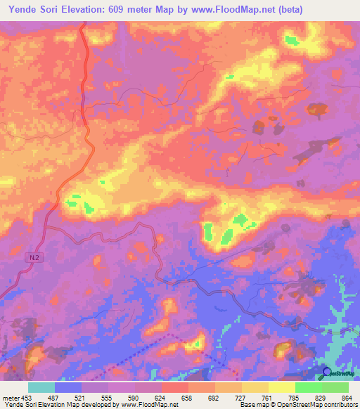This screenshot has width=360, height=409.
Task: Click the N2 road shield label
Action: tap(34, 258)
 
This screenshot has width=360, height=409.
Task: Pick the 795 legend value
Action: tap(292, 397)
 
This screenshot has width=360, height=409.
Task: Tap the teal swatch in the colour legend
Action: tap(41, 387)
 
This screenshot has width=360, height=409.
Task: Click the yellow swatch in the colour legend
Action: tap(282, 387)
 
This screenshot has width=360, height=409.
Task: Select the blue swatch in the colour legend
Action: tap(68, 387)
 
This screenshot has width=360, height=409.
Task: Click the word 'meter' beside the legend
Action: tap(11, 397)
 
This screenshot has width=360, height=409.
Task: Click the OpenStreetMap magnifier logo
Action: tap(327, 372)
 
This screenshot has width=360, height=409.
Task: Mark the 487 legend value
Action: tap(55, 397)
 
